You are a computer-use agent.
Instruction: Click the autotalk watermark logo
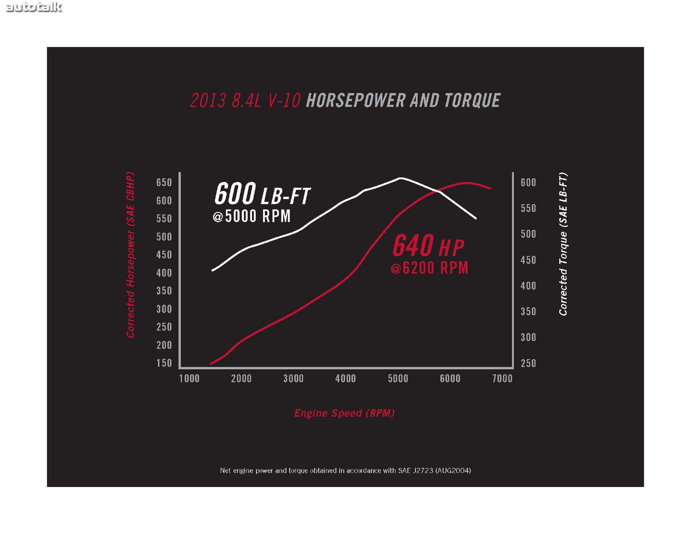click(x=33, y=7)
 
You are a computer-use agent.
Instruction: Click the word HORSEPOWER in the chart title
click(x=356, y=101)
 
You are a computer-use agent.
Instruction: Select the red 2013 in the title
click(x=208, y=101)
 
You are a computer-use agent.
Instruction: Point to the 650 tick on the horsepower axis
click(x=164, y=182)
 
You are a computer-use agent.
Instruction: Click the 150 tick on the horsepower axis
click(x=164, y=363)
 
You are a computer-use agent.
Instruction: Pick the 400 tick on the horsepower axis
click(x=164, y=273)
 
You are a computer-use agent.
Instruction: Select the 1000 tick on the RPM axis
click(x=189, y=379)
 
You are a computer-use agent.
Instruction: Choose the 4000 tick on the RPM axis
click(x=345, y=379)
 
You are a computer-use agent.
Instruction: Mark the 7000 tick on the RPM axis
click(x=502, y=379)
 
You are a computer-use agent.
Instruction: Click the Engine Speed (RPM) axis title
click(x=344, y=413)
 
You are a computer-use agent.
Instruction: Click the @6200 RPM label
click(x=429, y=268)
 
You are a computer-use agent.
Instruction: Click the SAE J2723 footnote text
click(x=345, y=470)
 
